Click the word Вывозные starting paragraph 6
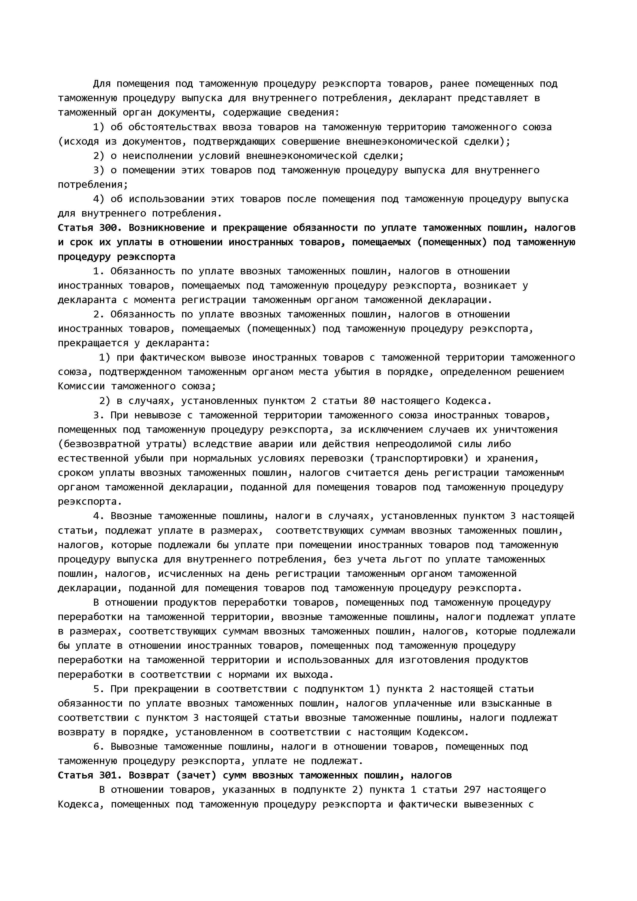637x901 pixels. (x=134, y=746)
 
